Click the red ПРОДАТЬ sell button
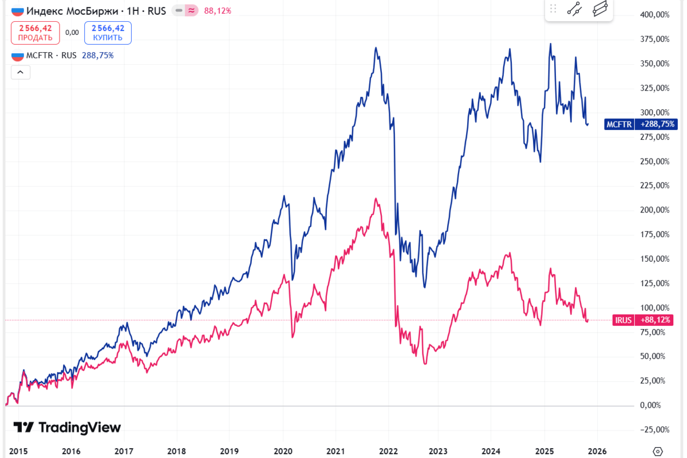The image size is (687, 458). (x=35, y=33)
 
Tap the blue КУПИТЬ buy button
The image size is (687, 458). (x=108, y=33)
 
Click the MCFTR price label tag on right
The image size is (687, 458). (x=640, y=124)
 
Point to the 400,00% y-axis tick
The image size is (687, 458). (x=655, y=14)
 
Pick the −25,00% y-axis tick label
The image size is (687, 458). (x=655, y=429)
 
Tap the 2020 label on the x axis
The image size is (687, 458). (x=283, y=451)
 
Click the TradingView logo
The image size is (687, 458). (x=67, y=428)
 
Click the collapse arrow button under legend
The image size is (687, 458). (x=20, y=72)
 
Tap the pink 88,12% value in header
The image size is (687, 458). (x=218, y=11)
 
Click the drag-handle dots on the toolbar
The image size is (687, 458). (x=553, y=9)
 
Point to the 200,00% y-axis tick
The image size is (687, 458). (x=655, y=210)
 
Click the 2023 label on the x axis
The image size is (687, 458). (x=438, y=451)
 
